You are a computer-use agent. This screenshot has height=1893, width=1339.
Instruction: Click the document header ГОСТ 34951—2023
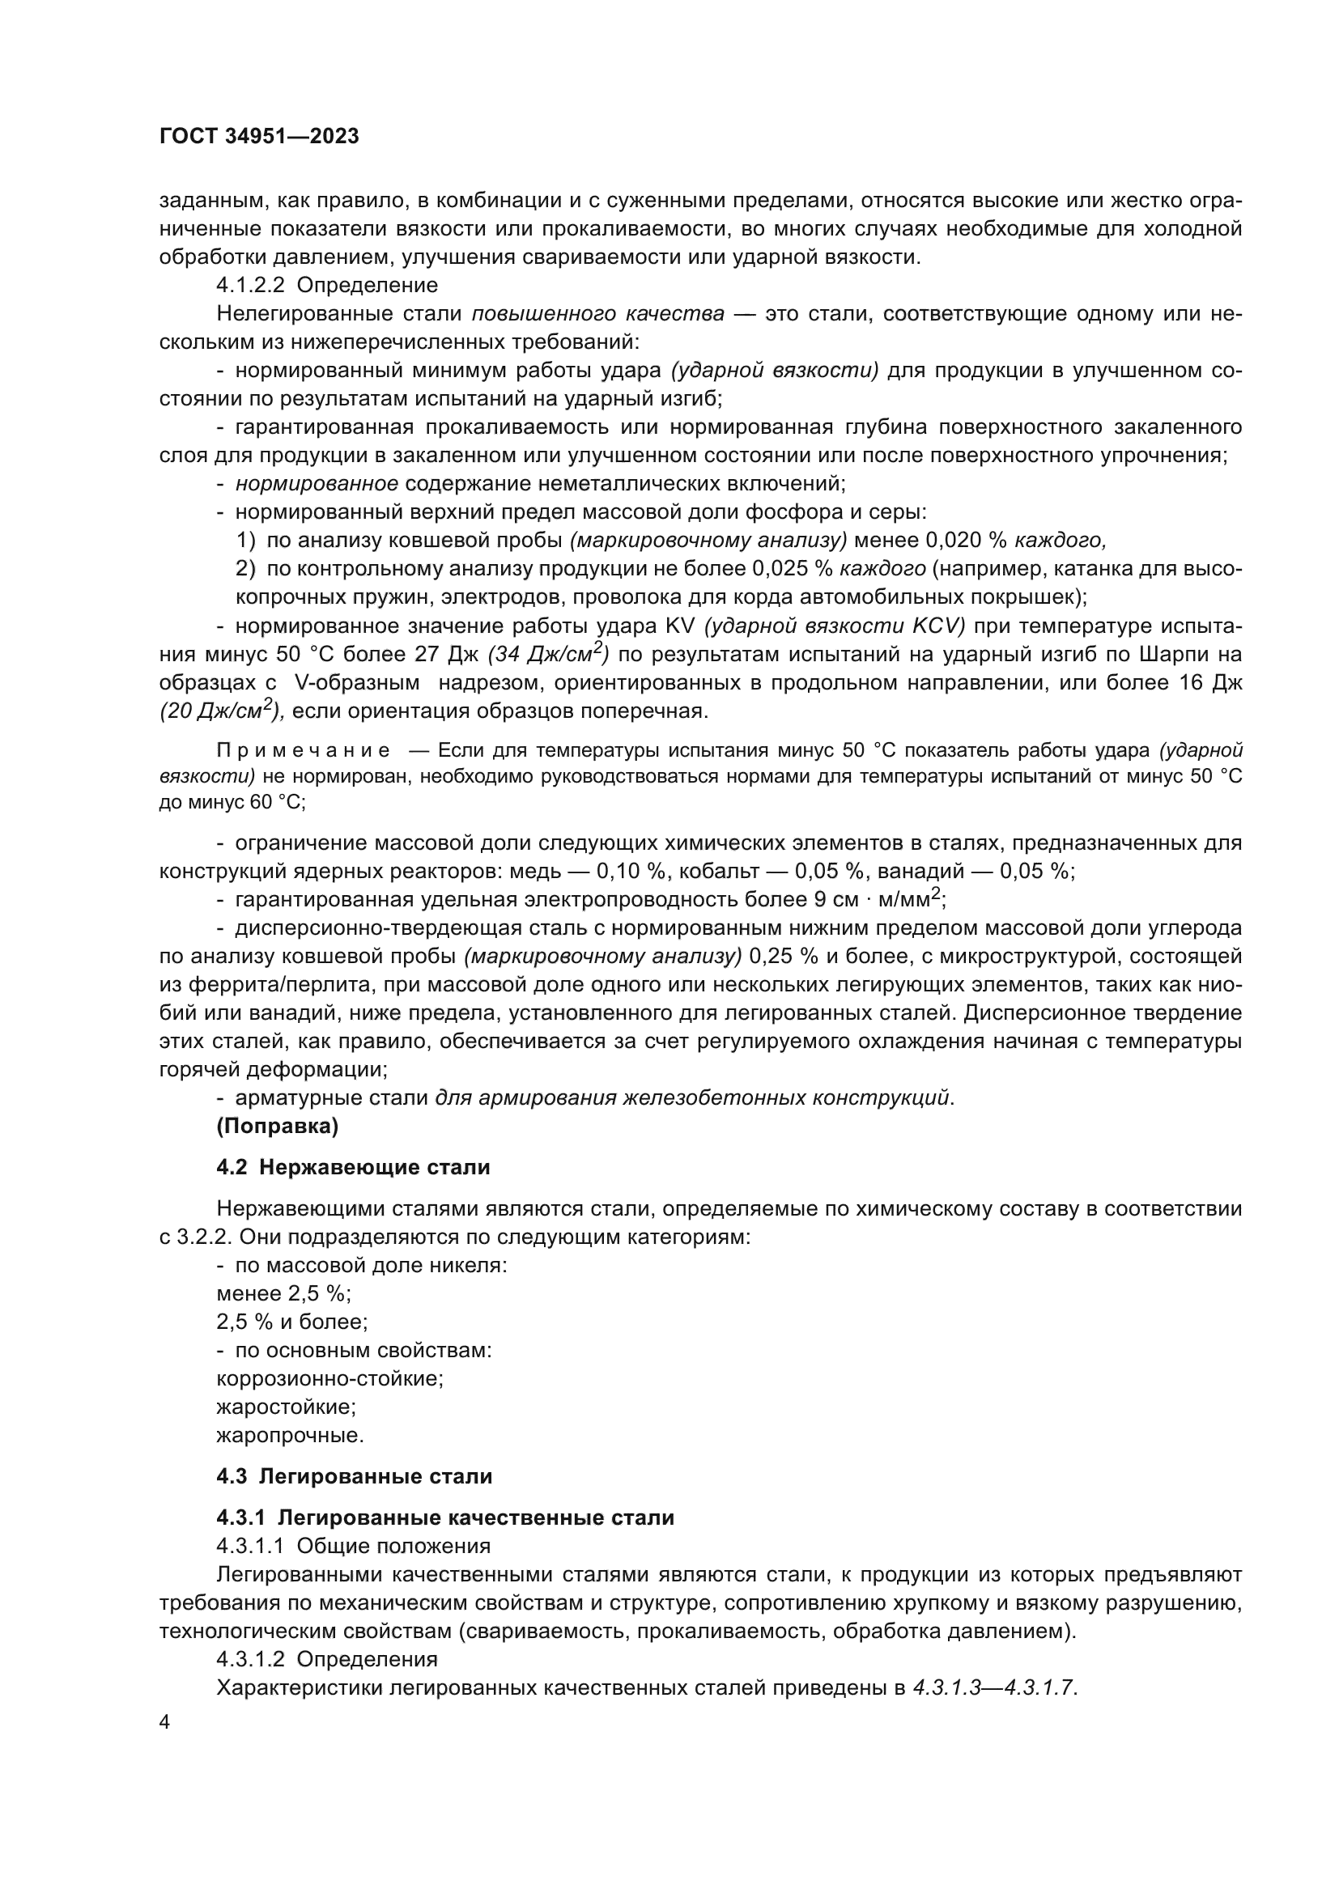tap(259, 137)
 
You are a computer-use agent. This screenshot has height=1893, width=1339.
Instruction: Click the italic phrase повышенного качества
tap(598, 314)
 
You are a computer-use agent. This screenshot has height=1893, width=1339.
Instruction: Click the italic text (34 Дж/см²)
tap(548, 654)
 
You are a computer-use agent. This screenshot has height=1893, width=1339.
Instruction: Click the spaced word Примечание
tap(303, 750)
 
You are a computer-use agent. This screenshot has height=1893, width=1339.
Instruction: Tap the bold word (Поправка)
tap(277, 1127)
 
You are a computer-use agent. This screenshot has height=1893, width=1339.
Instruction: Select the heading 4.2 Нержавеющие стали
tap(353, 1168)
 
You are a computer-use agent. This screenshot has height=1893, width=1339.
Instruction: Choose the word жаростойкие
tap(286, 1407)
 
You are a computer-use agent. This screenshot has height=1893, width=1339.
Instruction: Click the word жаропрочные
tap(289, 1436)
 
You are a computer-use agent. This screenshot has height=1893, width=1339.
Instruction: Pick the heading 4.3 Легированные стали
tap(355, 1476)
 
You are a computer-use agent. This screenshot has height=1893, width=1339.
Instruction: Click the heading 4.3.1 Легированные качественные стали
tap(445, 1517)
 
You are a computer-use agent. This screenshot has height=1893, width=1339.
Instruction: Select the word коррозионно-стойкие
tap(329, 1378)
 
